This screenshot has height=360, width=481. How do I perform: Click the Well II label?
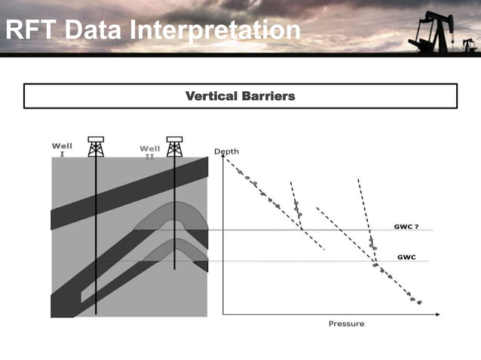pos(149,151)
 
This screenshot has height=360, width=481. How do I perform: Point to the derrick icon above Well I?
pos(96,146)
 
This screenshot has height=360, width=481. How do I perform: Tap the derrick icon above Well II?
pos(174,146)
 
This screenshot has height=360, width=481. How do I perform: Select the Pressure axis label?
pos(346,324)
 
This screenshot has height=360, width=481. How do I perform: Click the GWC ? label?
pos(408,226)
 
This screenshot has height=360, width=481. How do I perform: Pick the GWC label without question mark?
pos(406,257)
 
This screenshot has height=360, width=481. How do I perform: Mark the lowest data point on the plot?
pos(419,303)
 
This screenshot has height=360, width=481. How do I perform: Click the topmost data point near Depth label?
pos(240,172)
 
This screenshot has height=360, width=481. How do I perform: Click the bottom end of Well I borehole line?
pos(96,313)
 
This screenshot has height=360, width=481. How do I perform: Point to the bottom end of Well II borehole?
pos(174,269)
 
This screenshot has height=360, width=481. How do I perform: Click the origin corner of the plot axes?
pos(223,313)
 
